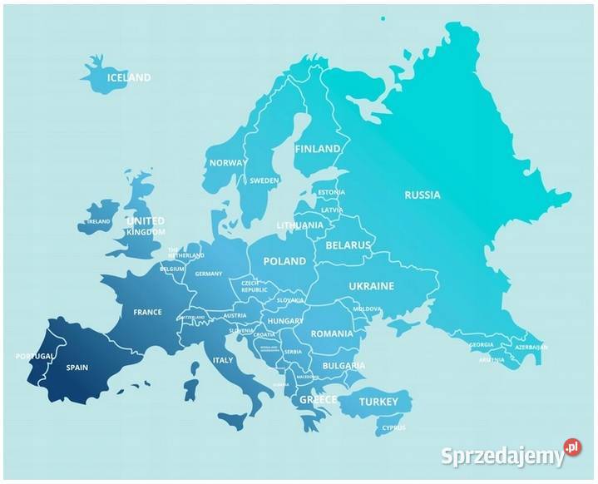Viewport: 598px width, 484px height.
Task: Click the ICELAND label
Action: (129, 77)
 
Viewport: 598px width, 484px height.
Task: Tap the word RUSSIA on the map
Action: (422, 195)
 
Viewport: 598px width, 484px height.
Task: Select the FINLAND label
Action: (317, 149)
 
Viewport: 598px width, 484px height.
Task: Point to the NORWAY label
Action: (227, 163)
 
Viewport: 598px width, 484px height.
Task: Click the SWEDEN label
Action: (264, 180)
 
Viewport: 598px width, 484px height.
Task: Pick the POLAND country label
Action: (284, 261)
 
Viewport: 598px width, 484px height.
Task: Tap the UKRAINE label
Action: (371, 285)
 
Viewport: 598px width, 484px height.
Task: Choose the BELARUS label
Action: (348, 246)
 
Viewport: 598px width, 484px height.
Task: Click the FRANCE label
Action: (147, 313)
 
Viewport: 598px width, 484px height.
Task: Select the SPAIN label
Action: (77, 367)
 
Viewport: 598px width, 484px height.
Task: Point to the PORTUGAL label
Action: (34, 356)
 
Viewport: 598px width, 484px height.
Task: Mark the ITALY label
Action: (223, 360)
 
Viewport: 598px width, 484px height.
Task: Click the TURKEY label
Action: (378, 402)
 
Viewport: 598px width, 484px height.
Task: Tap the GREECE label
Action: (318, 400)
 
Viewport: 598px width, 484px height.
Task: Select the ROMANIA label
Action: (332, 333)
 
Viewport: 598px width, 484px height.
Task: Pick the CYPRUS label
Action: (393, 428)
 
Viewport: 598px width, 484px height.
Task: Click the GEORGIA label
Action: (481, 344)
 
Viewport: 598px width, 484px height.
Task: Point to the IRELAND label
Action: (99, 222)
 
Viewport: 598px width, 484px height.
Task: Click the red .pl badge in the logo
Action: (571, 447)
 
